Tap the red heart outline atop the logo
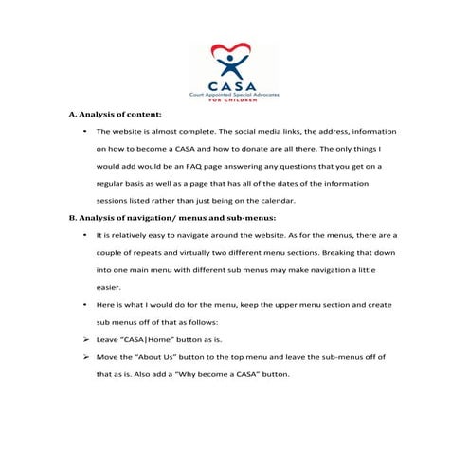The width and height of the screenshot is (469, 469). (x=234, y=49)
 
